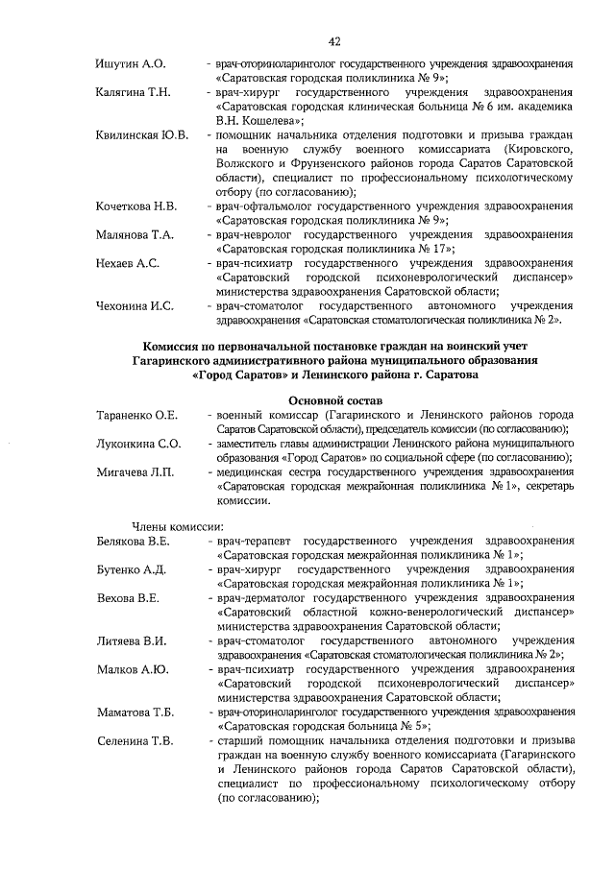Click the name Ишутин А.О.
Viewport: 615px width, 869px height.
(132, 63)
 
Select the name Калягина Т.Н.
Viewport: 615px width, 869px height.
(134, 92)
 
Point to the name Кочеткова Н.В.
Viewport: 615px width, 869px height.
(136, 206)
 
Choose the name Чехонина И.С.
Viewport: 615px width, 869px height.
(135, 306)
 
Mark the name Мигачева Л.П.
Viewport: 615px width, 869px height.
(135, 471)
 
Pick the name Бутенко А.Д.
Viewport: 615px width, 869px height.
(132, 570)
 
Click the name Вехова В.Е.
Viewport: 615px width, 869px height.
(127, 598)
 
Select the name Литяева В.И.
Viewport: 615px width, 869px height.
(131, 641)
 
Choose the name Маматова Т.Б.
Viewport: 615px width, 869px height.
(135, 712)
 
